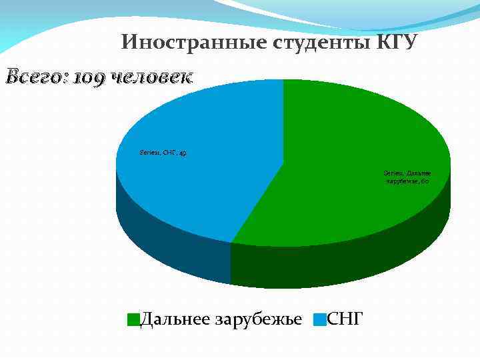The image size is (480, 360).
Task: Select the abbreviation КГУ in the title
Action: [397, 43]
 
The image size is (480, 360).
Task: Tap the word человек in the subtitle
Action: [151, 77]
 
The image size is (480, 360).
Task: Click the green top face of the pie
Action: [347, 133]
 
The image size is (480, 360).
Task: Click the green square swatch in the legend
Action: [133, 319]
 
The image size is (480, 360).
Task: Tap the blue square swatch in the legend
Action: [321, 319]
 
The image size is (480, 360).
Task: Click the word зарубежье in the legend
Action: [259, 319]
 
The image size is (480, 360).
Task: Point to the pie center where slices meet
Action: [283, 162]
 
